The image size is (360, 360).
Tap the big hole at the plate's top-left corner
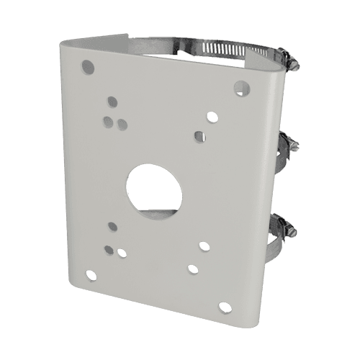coord(88,66)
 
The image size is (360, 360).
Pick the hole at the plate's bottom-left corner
coord(90,274)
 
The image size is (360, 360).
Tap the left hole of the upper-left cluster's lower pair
coord(107,121)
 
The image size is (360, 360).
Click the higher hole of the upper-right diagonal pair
coord(212,115)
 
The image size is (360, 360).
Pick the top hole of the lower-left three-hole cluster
coord(112,227)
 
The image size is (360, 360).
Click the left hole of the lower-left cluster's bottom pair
coord(107,250)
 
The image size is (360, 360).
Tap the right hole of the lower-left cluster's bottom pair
coord(121,253)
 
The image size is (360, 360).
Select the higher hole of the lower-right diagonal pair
coord(204,246)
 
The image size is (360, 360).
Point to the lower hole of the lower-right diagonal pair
coord(192,269)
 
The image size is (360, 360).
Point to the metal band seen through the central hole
coord(155,212)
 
